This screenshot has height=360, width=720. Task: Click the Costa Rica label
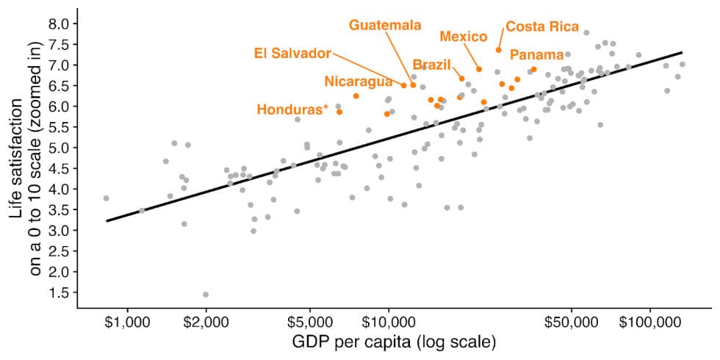point(542,26)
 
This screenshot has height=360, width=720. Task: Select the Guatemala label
point(385,25)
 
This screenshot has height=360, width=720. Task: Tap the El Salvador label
point(292,53)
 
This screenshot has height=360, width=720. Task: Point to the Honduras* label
point(292,109)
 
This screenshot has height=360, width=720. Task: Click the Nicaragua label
point(358,81)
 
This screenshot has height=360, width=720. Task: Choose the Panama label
point(537,55)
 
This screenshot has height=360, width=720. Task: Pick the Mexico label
point(464,37)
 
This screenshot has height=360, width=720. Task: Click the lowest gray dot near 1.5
point(206,295)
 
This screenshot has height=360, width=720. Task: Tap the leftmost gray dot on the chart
point(107,198)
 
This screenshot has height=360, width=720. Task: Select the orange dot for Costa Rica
point(498,50)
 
